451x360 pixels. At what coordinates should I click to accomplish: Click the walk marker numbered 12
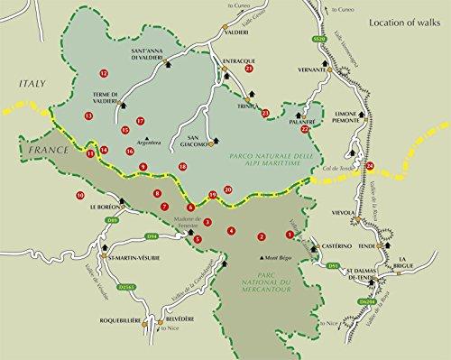click(104, 73)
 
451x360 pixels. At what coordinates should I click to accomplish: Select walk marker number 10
click(81, 195)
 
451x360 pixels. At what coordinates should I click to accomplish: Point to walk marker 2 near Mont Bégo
click(262, 237)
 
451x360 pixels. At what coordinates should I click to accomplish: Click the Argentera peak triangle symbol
click(145, 139)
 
